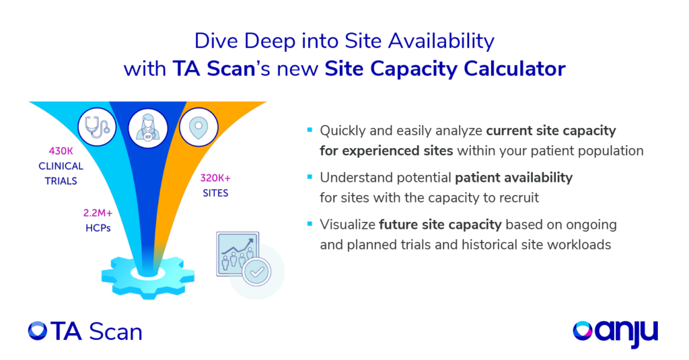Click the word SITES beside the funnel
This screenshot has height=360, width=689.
215,193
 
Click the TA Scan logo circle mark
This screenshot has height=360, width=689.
38,330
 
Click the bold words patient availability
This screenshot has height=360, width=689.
513,178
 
